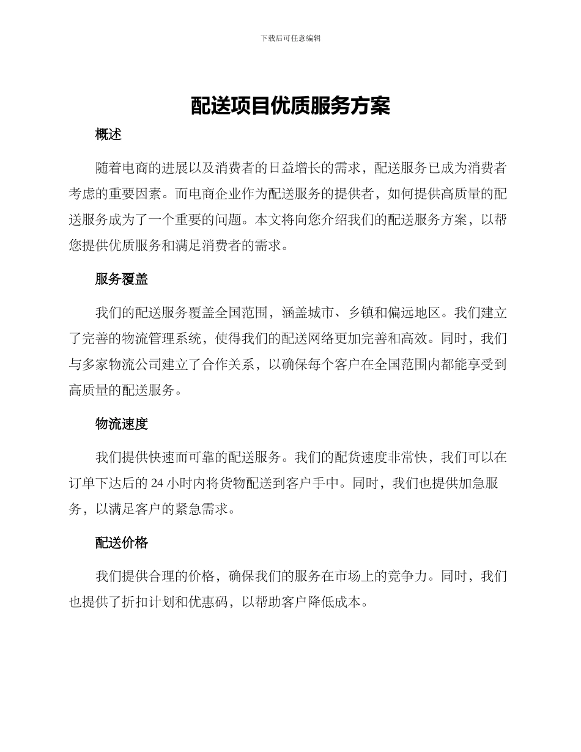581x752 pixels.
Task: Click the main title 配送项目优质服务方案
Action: click(x=290, y=105)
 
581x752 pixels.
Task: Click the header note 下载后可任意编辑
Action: click(x=290, y=38)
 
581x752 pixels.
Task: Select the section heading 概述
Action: click(x=108, y=135)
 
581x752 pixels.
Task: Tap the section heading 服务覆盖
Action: click(x=122, y=279)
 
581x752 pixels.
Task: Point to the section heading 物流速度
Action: click(x=122, y=424)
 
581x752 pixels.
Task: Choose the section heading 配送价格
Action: click(x=122, y=542)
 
